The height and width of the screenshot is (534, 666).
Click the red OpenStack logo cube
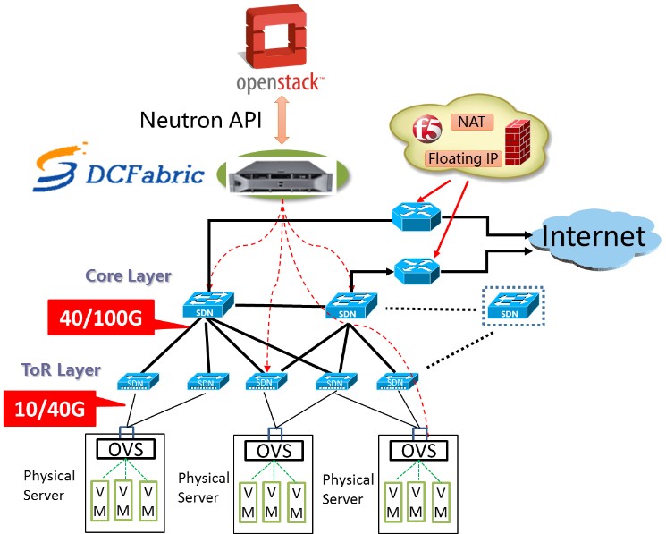click(276, 36)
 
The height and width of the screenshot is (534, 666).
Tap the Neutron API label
click(200, 120)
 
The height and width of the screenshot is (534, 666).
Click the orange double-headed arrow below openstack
click(282, 120)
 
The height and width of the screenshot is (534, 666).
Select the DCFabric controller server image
click(282, 176)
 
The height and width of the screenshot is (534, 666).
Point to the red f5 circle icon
click(427, 129)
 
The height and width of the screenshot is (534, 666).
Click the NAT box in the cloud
click(472, 122)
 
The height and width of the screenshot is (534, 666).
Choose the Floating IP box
click(463, 158)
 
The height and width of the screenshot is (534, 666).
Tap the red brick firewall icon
click(518, 142)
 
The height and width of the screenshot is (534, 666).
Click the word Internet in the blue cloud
click(594, 236)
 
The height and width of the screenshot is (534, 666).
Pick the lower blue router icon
click(417, 271)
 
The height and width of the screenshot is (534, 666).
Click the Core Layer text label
click(128, 276)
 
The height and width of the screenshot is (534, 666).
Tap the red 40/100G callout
click(101, 318)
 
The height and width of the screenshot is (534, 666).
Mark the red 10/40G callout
click(50, 409)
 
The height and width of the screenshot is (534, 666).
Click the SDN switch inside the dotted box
click(513, 306)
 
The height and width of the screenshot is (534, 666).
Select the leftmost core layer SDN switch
click(208, 304)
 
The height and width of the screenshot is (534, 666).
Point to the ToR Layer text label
click(61, 370)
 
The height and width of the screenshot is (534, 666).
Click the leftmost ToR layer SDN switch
click(138, 381)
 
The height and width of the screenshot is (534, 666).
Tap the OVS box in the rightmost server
click(418, 450)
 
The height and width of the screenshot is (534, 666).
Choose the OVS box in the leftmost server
click(126, 449)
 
